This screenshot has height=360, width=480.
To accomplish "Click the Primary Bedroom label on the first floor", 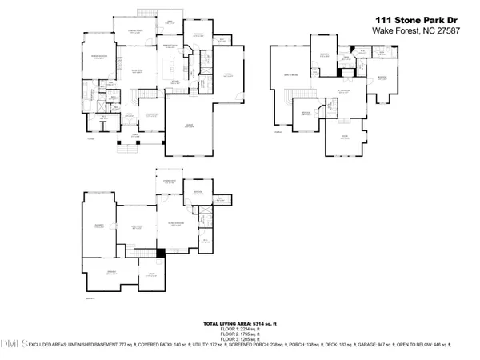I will pyautogui.click(x=101, y=56).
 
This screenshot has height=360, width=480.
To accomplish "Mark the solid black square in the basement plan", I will pyautogui.click(x=161, y=253).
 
